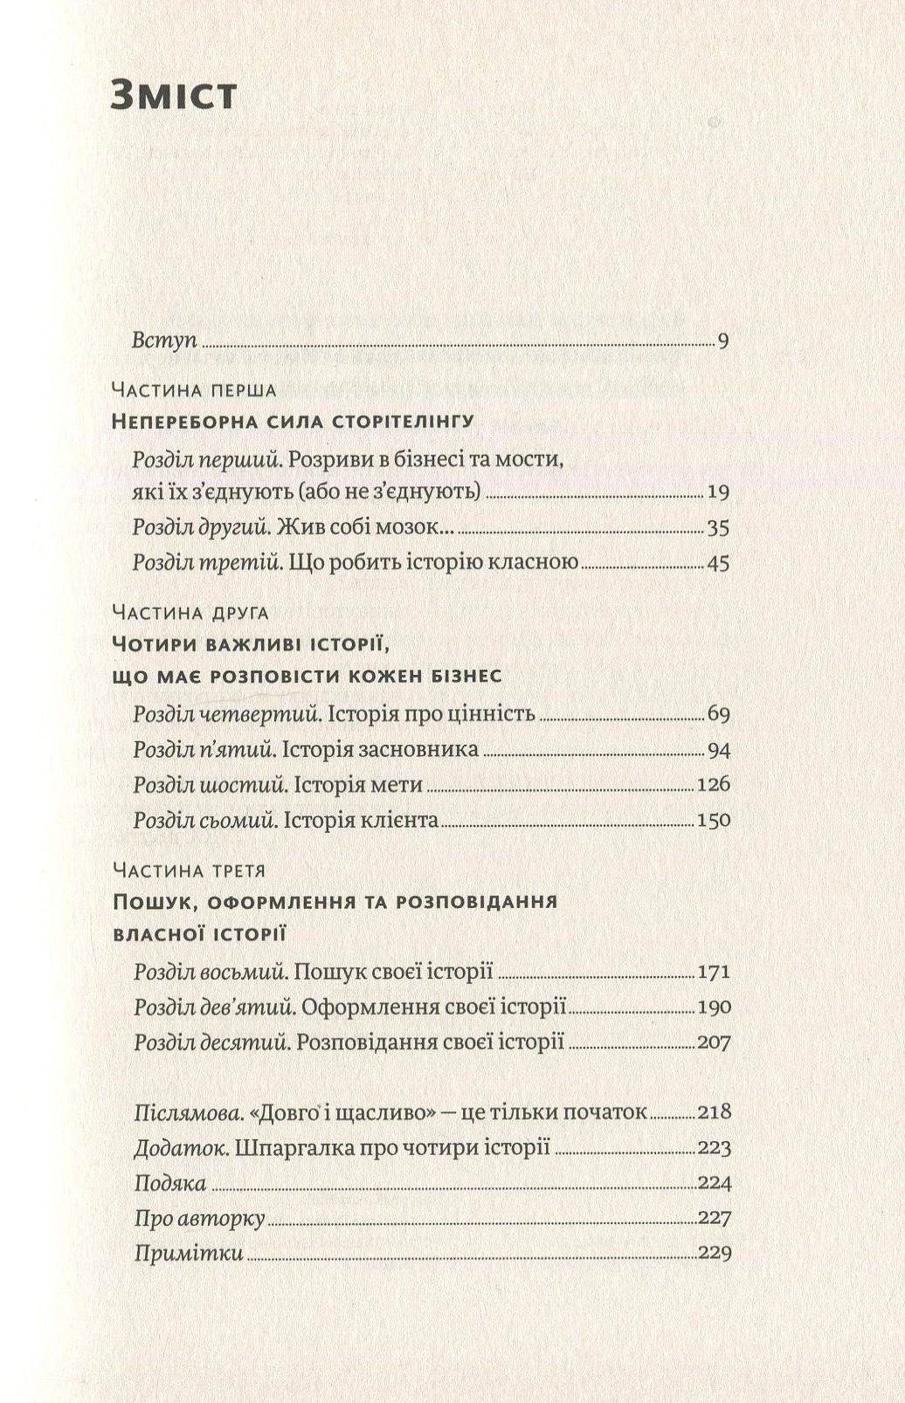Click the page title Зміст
(x=174, y=94)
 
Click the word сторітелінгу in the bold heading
(x=404, y=423)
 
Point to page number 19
(x=718, y=492)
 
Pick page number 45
(x=718, y=563)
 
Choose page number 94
(x=718, y=750)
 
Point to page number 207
(x=713, y=1042)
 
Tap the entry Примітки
(x=189, y=1254)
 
